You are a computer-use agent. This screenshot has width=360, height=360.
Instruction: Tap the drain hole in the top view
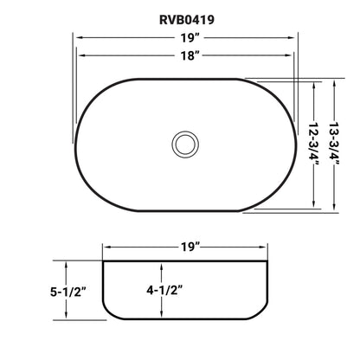pyautogui.click(x=184, y=143)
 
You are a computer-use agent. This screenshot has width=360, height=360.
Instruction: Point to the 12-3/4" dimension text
pyautogui.click(x=315, y=144)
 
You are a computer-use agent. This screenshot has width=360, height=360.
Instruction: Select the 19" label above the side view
pyautogui.click(x=190, y=247)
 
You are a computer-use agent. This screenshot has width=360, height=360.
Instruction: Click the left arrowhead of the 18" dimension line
pyautogui.click(x=80, y=55)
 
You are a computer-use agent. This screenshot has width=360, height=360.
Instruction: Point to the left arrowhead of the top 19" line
pyautogui.click(x=74, y=38)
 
